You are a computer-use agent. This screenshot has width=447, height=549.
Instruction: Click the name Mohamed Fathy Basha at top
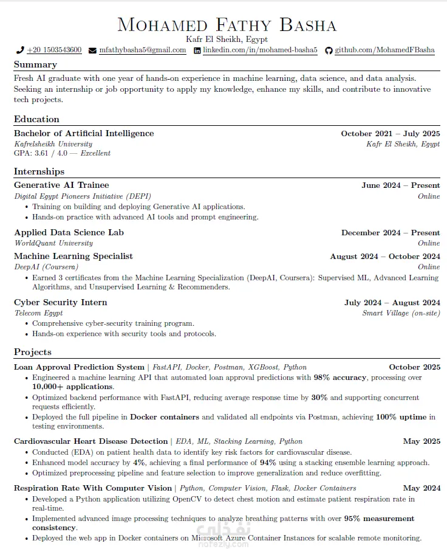tap(226, 25)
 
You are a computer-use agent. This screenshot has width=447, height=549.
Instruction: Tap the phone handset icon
tap(20, 50)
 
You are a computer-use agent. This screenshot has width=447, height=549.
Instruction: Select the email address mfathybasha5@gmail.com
tap(142, 50)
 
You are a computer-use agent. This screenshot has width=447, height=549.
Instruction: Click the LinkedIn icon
tap(197, 50)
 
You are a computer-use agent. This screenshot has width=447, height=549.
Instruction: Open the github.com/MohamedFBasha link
tap(384, 50)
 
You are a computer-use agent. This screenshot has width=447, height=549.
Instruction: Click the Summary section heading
tap(35, 64)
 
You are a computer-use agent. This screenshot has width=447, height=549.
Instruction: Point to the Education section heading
tap(36, 119)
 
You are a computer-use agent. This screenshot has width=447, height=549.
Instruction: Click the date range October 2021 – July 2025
tap(390, 134)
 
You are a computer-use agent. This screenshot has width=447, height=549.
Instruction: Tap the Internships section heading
tap(39, 171)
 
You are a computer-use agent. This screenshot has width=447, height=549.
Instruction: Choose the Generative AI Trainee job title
tap(61, 185)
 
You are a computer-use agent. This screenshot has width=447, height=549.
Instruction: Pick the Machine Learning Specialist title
tap(73, 256)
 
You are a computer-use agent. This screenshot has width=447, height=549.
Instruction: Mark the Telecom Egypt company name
tap(38, 313)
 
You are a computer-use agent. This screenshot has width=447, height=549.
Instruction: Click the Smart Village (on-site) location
tap(401, 313)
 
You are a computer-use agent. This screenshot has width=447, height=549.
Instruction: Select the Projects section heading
tap(33, 352)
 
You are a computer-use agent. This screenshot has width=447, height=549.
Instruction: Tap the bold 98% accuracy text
tap(340, 378)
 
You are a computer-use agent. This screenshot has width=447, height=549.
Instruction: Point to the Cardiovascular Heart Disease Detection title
tap(90, 441)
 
